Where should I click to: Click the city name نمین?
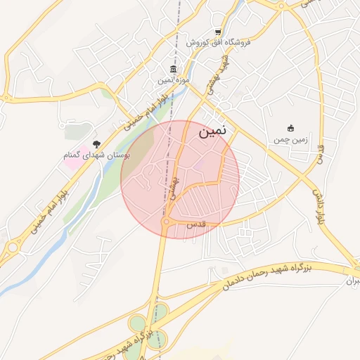(213, 131)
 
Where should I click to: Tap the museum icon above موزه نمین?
(173, 70)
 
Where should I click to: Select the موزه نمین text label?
(173, 81)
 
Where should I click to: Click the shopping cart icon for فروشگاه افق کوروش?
(219, 32)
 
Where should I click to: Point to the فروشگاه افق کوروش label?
(219, 43)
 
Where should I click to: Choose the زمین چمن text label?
(290, 140)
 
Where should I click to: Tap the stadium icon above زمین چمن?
(290, 128)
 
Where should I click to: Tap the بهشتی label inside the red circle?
(174, 188)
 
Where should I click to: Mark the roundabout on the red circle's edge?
(166, 222)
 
